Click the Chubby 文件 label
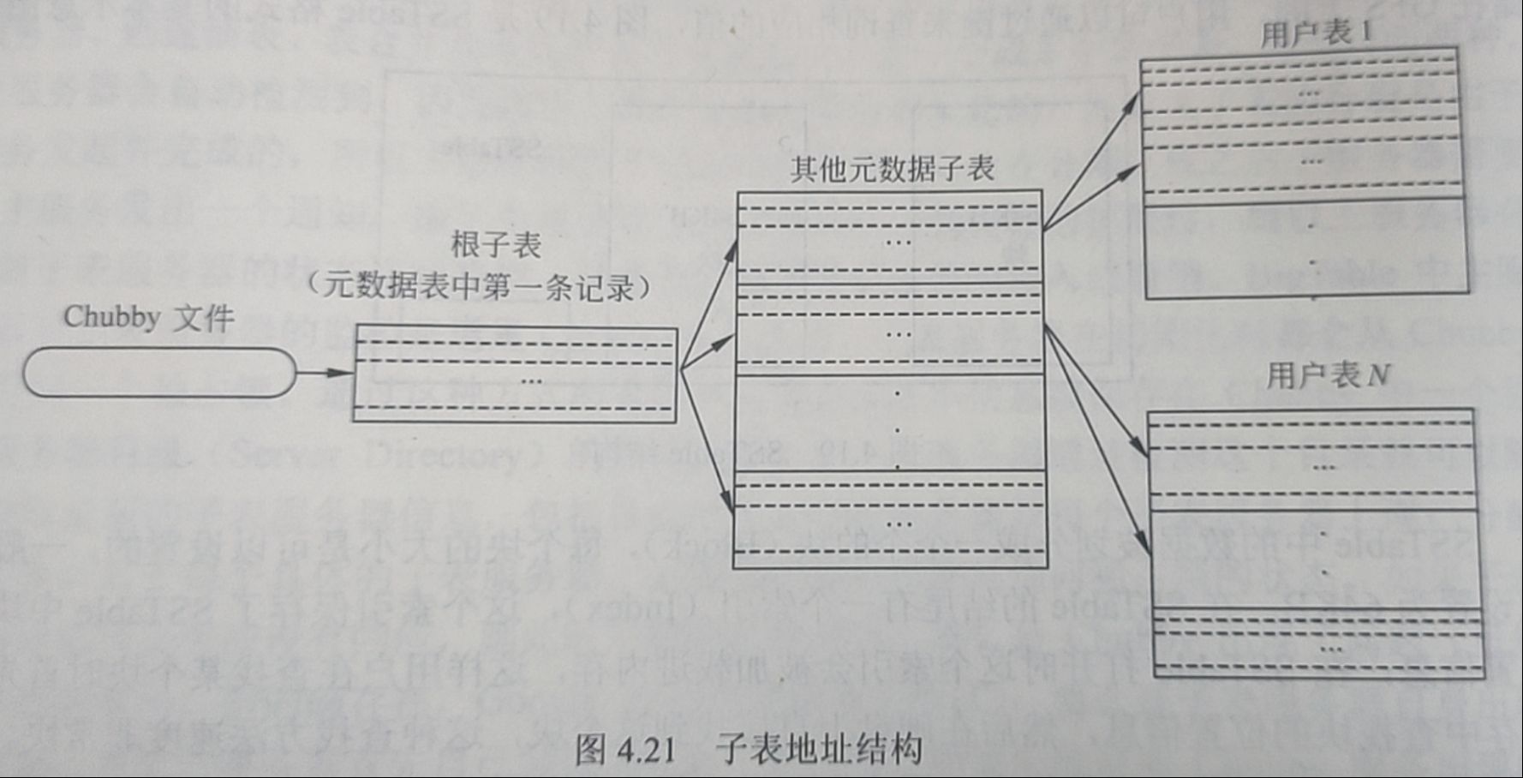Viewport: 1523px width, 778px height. [x=148, y=318]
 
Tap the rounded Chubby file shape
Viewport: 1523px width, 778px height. [x=159, y=373]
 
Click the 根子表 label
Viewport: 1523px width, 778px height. [x=496, y=246]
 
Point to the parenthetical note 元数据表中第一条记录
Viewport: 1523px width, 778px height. [x=479, y=287]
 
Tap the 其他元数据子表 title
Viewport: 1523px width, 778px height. [x=892, y=169]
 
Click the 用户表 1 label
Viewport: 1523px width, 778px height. [x=1316, y=33]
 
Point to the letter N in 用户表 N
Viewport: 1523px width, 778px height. [x=1377, y=375]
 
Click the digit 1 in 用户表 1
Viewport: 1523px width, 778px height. [x=1365, y=33]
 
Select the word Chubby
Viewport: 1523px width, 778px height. [x=112, y=317]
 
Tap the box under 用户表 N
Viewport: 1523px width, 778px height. [x=1316, y=544]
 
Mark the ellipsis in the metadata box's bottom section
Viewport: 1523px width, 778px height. [x=899, y=524]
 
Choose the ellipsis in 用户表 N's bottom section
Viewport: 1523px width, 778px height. [x=1330, y=649]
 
